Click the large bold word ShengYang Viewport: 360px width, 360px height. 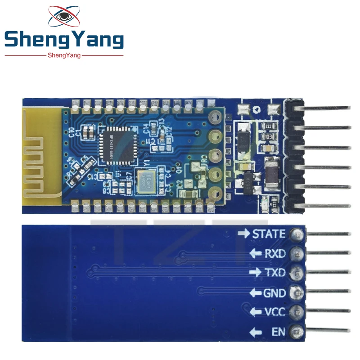(x=63, y=40)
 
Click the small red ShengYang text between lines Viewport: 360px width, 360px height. (x=63, y=55)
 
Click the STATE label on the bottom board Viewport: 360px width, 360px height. (x=269, y=234)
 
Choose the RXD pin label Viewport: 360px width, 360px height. (x=274, y=254)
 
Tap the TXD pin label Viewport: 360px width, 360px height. (x=274, y=273)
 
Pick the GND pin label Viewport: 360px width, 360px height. (x=274, y=293)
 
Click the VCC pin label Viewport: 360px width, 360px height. (x=274, y=312)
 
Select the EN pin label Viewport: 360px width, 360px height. (x=278, y=333)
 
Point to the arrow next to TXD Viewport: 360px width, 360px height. (x=255, y=273)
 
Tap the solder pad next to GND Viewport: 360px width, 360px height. (x=296, y=292)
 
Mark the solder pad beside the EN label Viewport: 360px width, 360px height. (x=296, y=332)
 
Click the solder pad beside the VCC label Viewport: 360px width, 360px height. (x=296, y=312)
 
